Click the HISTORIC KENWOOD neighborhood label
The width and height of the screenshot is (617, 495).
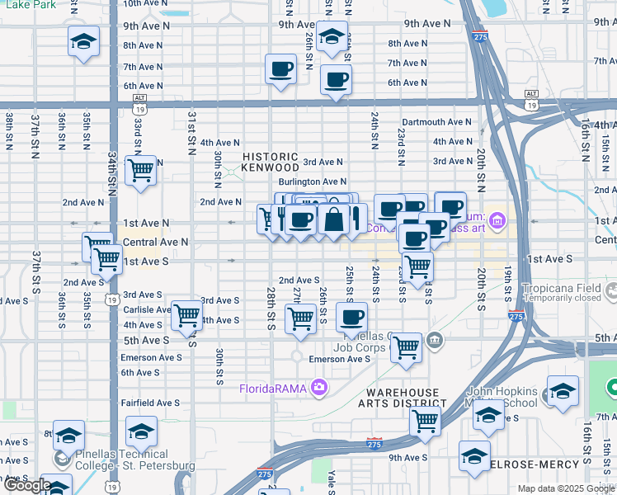(x=270, y=162)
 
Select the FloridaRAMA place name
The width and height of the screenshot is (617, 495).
(x=273, y=389)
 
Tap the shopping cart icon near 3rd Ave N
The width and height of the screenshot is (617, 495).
(x=141, y=171)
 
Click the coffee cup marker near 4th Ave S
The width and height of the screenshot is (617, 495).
(x=351, y=317)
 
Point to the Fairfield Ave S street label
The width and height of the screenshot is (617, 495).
(x=150, y=403)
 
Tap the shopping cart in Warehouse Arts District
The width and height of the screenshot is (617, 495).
(x=425, y=420)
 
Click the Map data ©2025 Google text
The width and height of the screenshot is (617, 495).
(x=566, y=488)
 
